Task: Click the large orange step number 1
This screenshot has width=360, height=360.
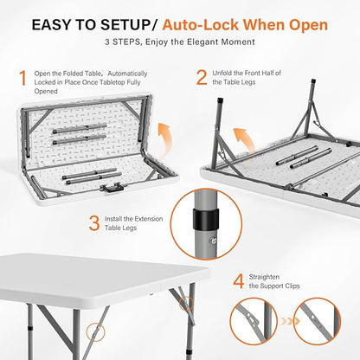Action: [22, 78]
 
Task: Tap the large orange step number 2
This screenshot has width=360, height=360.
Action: [202, 78]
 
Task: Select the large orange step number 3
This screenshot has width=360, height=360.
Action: [94, 223]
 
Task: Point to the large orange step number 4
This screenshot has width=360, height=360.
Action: [238, 281]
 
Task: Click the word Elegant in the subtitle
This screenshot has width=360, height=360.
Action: [202, 42]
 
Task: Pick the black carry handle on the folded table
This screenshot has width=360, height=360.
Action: [112, 188]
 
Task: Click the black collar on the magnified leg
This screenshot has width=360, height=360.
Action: [206, 219]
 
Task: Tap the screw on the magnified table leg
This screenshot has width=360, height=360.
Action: [214, 241]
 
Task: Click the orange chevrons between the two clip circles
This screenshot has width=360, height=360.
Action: [290, 321]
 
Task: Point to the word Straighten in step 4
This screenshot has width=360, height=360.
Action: [264, 277]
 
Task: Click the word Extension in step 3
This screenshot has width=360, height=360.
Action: [149, 219]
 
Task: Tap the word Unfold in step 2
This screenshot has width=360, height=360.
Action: [222, 74]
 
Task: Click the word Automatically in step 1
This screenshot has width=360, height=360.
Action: [127, 74]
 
